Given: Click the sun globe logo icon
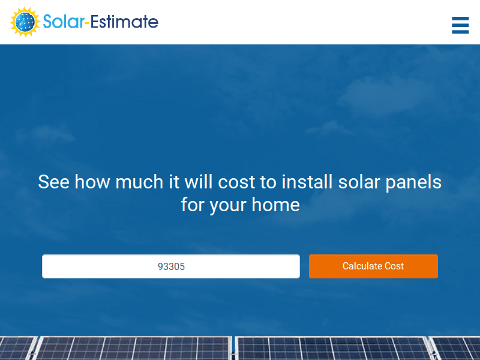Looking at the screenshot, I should coord(25,22).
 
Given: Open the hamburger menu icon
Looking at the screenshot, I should coord(460,25).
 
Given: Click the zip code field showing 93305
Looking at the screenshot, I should coord(171,266).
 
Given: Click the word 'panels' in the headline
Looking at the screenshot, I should coord(416,182).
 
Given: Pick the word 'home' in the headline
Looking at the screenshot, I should coord(275,205).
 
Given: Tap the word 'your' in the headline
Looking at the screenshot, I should coord(228,205).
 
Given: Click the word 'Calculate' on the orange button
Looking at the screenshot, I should coord(362,266).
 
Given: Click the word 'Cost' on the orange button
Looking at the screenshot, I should coord(394,266).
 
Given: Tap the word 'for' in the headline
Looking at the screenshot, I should coord(193,205).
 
